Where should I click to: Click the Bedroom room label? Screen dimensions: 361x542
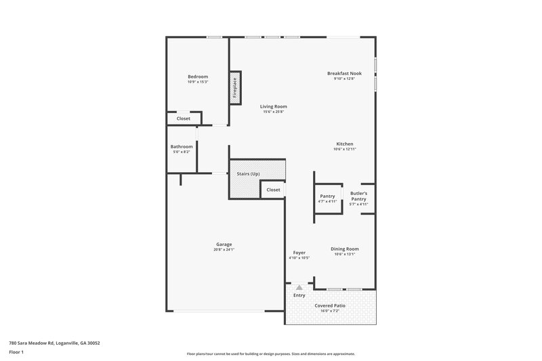pyautogui.click(x=198, y=77)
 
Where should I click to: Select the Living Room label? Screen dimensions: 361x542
pyautogui.click(x=274, y=106)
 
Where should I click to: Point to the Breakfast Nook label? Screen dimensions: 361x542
pyautogui.click(x=344, y=73)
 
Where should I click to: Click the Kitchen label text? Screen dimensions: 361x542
pyautogui.click(x=345, y=144)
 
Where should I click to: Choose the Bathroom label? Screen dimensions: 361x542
pyautogui.click(x=182, y=146)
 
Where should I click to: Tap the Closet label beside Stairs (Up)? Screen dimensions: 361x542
pyautogui.click(x=273, y=190)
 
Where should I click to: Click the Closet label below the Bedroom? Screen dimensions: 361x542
pyautogui.click(x=184, y=119)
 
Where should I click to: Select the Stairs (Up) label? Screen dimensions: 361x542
pyautogui.click(x=248, y=174)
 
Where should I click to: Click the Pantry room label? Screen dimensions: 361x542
pyautogui.click(x=327, y=196)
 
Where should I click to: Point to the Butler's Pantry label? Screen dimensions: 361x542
pyautogui.click(x=358, y=196)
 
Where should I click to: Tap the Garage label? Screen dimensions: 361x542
pyautogui.click(x=224, y=244)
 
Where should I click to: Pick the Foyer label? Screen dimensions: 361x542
pyautogui.click(x=299, y=253)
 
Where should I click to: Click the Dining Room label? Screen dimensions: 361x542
pyautogui.click(x=345, y=249)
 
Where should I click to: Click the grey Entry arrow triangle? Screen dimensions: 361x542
pyautogui.click(x=299, y=288)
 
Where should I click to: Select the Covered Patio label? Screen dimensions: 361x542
pyautogui.click(x=331, y=305)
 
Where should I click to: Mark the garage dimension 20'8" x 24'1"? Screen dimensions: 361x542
pyautogui.click(x=224, y=249)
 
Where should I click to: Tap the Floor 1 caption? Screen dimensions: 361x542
pyautogui.click(x=16, y=352)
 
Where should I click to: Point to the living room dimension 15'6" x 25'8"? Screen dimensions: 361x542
pyautogui.click(x=274, y=112)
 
